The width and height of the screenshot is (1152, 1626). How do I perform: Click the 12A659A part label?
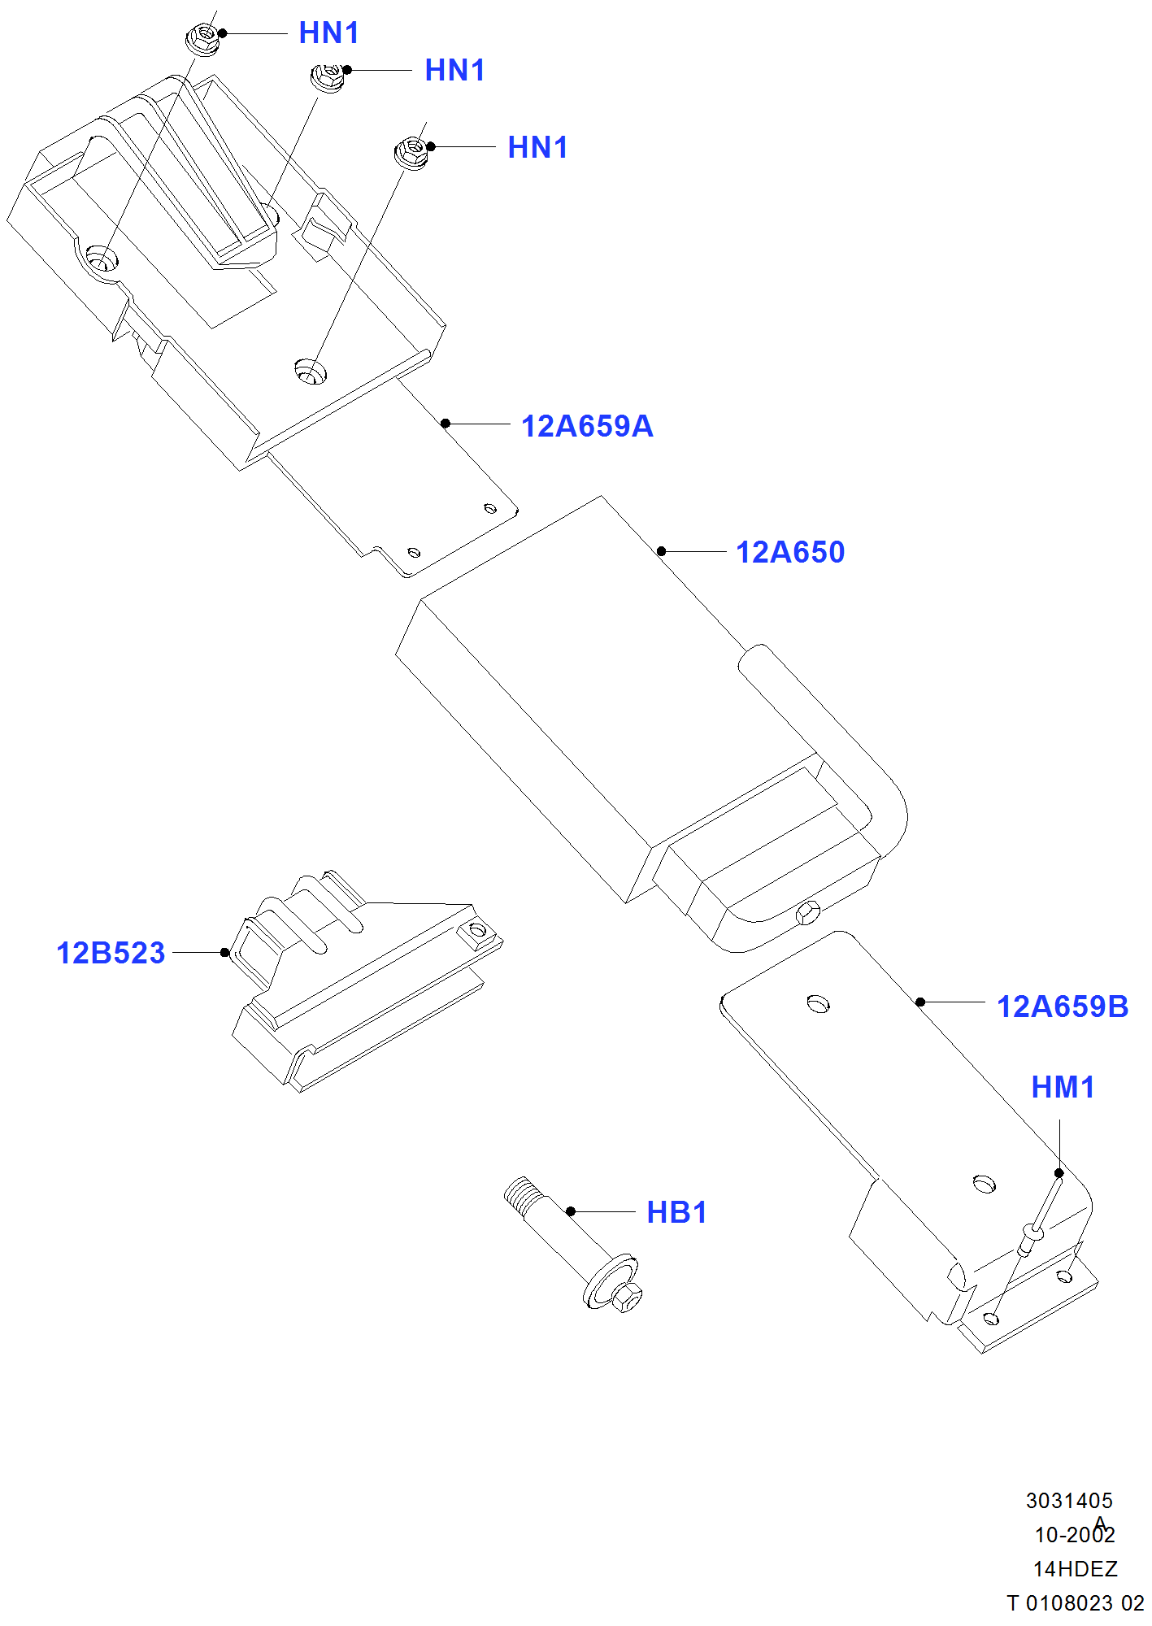586,426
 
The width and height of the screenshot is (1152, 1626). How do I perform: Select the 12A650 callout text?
789,552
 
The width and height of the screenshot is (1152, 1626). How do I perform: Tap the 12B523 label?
111,953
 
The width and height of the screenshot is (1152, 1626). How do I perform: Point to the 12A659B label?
1062,1006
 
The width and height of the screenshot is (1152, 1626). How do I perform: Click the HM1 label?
1063,1087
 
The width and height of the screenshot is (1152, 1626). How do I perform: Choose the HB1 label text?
676,1212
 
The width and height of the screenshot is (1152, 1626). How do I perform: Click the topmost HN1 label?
328,33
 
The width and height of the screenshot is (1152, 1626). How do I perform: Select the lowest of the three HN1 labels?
537,148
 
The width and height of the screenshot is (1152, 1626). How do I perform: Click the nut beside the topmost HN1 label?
203,37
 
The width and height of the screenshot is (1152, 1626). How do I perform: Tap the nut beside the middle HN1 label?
328,77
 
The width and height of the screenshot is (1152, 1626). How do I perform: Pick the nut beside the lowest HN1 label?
412,152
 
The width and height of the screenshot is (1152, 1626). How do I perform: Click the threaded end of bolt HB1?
520,1193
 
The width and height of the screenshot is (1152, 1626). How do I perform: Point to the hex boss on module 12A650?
808,912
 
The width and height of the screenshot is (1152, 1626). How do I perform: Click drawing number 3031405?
1068,1501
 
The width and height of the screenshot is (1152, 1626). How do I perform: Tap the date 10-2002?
1074,1535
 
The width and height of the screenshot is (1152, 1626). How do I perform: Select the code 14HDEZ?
1075,1569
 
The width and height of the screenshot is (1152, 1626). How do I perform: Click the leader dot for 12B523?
225,952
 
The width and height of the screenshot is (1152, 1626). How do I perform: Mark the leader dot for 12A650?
662,551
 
